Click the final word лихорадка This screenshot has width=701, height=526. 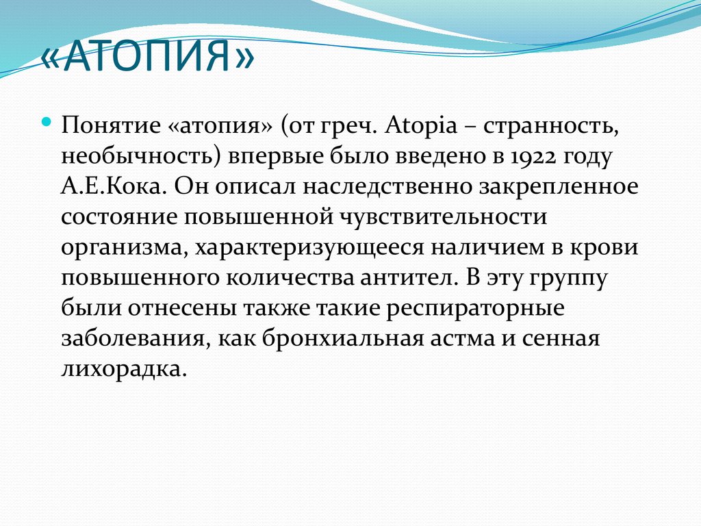coord(123,368)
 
